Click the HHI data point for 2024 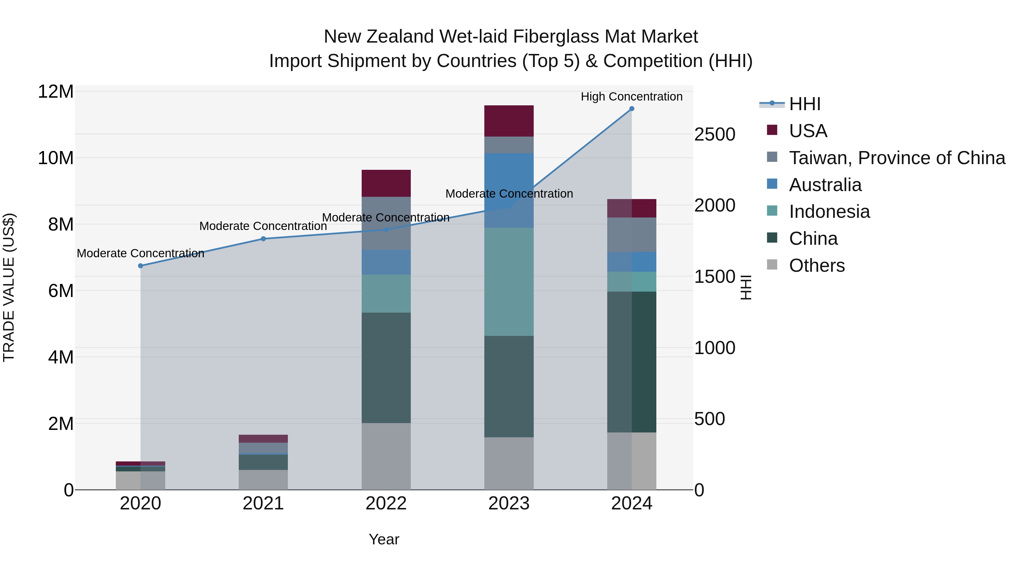(632, 109)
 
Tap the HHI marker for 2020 (141, 266)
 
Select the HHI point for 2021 (263, 239)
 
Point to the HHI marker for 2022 (386, 230)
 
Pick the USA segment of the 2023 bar (509, 121)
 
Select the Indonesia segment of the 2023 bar (509, 282)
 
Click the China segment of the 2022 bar (386, 367)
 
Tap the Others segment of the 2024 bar (632, 461)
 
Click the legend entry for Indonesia (829, 212)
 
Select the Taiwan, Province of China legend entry (897, 158)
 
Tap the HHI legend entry (805, 104)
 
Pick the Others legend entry (816, 265)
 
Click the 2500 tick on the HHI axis (715, 135)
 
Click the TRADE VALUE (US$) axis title (9, 287)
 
